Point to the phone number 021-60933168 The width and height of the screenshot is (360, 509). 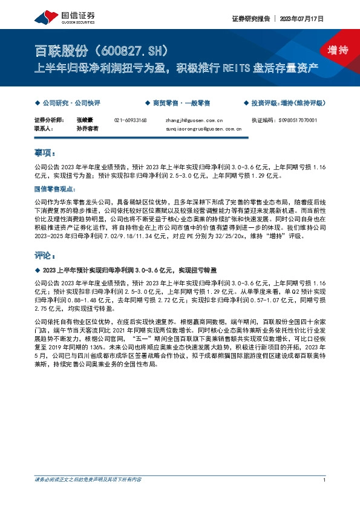coord(131,121)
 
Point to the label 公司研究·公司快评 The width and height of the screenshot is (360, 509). coord(71,103)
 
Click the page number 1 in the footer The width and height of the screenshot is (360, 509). coord(325,480)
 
